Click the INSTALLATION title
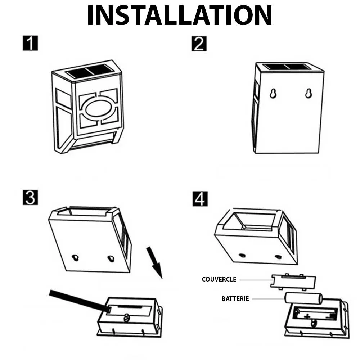[180, 15]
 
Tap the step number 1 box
[30, 43]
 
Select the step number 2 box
[199, 44]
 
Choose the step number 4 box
[200, 199]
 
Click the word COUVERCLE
[219, 279]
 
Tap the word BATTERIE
[235, 298]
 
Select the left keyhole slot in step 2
[273, 93]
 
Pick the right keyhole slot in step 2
[309, 93]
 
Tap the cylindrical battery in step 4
[303, 298]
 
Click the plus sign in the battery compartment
[307, 316]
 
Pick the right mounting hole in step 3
[111, 258]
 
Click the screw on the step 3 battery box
[127, 318]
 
